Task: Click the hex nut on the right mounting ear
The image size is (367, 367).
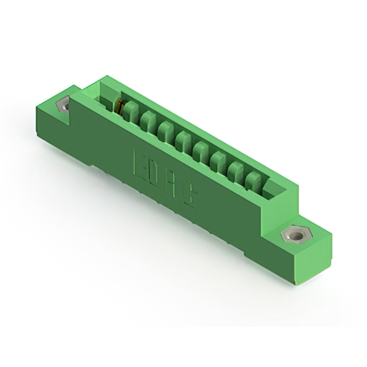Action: coord(295,235)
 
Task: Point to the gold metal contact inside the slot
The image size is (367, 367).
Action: coord(119,106)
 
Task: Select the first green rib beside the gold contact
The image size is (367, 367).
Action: coord(131,112)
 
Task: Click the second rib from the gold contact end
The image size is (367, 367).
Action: coord(149,121)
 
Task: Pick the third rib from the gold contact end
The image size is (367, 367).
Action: coord(166,130)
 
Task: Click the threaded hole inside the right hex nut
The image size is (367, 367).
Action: coord(295,235)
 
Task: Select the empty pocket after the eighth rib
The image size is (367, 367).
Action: coord(270,189)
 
